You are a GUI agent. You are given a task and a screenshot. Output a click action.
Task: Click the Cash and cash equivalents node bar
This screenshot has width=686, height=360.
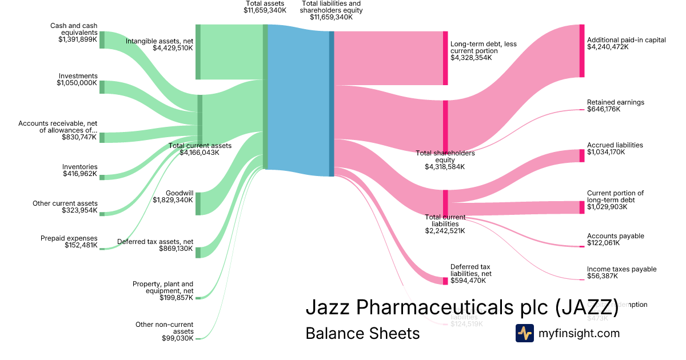102,40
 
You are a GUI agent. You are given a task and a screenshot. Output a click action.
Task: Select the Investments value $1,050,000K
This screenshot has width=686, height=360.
77,83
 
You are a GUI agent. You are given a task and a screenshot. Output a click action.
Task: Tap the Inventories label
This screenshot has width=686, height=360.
80,167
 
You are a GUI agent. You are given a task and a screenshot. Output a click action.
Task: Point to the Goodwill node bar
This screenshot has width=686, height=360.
198,204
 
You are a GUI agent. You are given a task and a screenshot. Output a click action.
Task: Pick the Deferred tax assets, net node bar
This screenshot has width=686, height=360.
198,253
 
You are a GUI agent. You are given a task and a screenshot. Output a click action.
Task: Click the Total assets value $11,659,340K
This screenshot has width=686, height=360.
265,10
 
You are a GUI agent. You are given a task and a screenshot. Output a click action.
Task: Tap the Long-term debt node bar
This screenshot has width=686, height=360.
445,58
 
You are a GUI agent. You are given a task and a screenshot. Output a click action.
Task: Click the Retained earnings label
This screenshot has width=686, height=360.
615,102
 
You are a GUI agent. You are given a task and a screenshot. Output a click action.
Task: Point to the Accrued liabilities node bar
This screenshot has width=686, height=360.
582,155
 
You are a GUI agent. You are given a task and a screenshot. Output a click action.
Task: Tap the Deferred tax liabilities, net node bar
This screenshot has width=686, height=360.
445,281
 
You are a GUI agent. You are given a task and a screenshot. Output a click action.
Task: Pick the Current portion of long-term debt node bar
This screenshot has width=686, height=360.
582,207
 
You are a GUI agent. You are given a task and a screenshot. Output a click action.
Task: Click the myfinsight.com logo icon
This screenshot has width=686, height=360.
524,333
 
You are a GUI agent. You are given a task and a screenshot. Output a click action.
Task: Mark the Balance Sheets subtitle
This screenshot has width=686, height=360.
362,333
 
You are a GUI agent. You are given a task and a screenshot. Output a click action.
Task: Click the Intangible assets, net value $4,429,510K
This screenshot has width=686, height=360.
173,48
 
